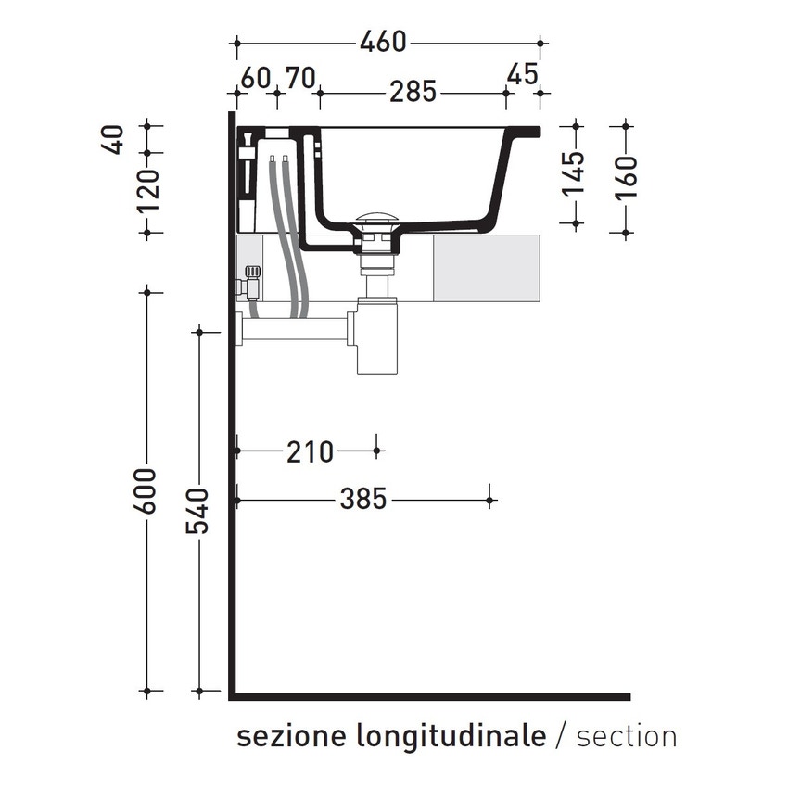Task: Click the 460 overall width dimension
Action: pos(384,42)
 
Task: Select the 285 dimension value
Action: pos(412,93)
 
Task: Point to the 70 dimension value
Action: pos(299,76)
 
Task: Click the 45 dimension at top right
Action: pos(522,73)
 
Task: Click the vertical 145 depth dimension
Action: pos(575,172)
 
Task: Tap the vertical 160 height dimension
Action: pos(627,176)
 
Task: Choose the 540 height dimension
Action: pos(199,513)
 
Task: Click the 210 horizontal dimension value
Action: pos(310,451)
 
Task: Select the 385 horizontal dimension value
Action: pos(362,500)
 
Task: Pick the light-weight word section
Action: pos(626,737)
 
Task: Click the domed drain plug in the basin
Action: pos(379,221)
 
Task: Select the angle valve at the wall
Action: pos(250,282)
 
